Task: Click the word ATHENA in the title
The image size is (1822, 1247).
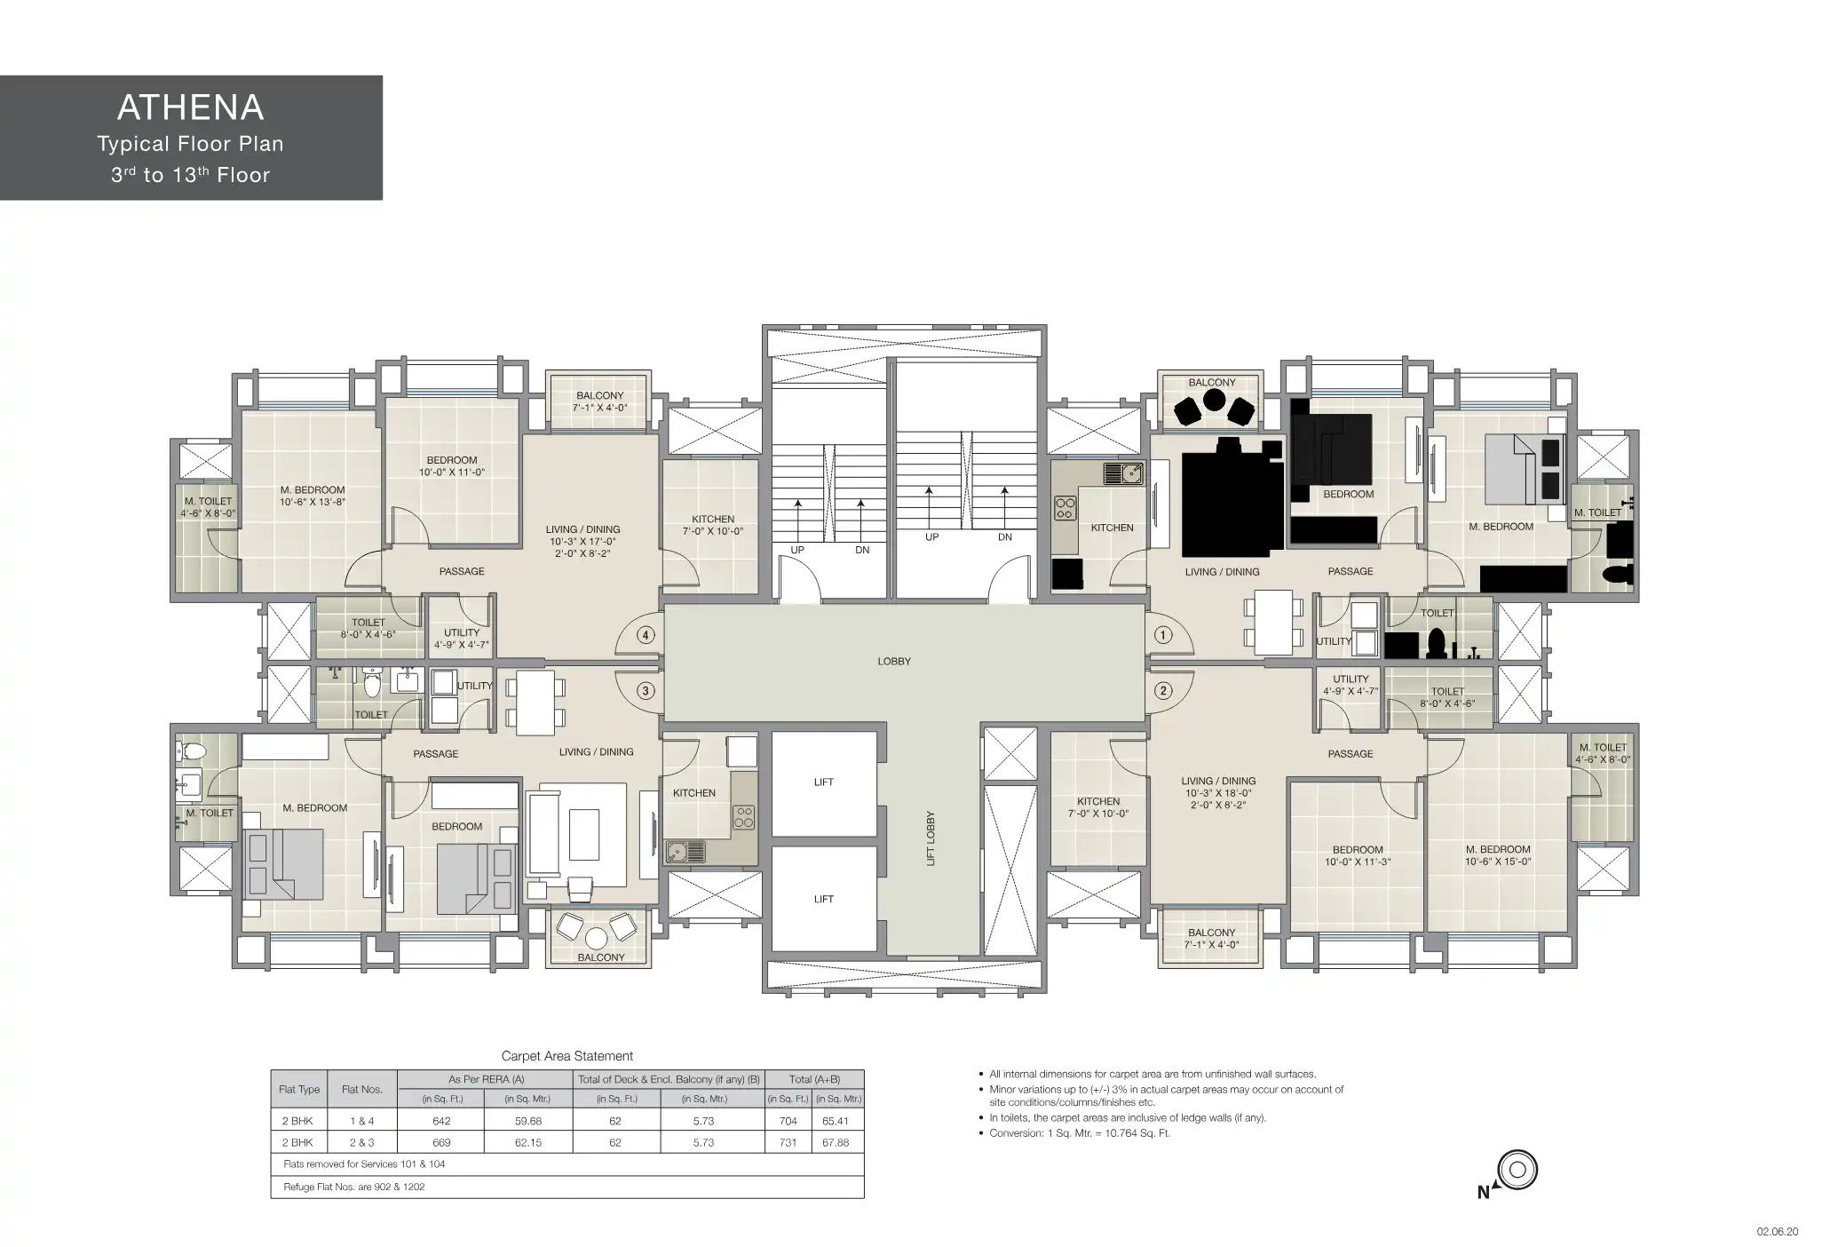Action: pyautogui.click(x=191, y=107)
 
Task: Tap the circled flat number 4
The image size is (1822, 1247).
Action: pyautogui.click(x=646, y=635)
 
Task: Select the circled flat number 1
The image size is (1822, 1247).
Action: pyautogui.click(x=1162, y=635)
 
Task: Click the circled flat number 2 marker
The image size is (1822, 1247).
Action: pyautogui.click(x=1162, y=691)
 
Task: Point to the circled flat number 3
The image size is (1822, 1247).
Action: pyautogui.click(x=646, y=691)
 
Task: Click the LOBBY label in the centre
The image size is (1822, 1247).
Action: pyautogui.click(x=894, y=662)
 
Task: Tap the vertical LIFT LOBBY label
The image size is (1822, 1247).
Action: pyautogui.click(x=931, y=838)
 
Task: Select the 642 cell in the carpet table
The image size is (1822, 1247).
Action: pyautogui.click(x=441, y=1121)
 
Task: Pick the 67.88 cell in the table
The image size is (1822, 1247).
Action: pyautogui.click(x=836, y=1142)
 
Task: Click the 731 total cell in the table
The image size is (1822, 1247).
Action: pyautogui.click(x=788, y=1142)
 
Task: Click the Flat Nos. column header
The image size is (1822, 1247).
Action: pyautogui.click(x=362, y=1090)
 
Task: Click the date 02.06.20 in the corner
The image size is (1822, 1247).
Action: pyautogui.click(x=1777, y=1232)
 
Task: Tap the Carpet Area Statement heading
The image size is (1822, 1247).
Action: pyautogui.click(x=567, y=1056)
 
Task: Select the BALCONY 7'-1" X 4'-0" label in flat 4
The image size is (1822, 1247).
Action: pyautogui.click(x=600, y=401)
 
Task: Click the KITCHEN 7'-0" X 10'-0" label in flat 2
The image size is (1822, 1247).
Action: pyautogui.click(x=1098, y=807)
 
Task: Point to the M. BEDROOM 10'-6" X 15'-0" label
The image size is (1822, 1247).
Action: pyautogui.click(x=1498, y=855)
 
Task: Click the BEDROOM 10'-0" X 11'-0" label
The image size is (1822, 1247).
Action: pyautogui.click(x=452, y=466)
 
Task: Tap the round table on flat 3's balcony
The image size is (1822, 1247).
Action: pyautogui.click(x=597, y=938)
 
